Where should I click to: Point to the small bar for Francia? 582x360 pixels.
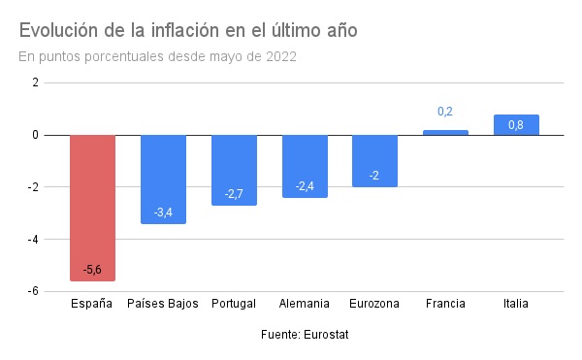pyautogui.click(x=445, y=133)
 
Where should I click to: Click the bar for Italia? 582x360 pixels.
pyautogui.click(x=516, y=125)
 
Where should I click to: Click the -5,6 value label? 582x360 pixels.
pyautogui.click(x=92, y=270)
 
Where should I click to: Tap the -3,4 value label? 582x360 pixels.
pyautogui.click(x=163, y=213)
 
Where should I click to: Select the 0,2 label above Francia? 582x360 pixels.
pyautogui.click(x=445, y=113)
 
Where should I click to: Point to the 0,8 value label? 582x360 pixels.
pyautogui.click(x=516, y=125)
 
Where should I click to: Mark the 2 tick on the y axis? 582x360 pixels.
pyautogui.click(x=35, y=82)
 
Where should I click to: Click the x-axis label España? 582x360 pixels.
pyautogui.click(x=92, y=304)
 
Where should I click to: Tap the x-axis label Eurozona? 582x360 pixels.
pyautogui.click(x=374, y=304)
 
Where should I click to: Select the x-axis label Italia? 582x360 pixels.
pyautogui.click(x=516, y=304)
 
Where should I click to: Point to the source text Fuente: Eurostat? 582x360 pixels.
pyautogui.click(x=305, y=335)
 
